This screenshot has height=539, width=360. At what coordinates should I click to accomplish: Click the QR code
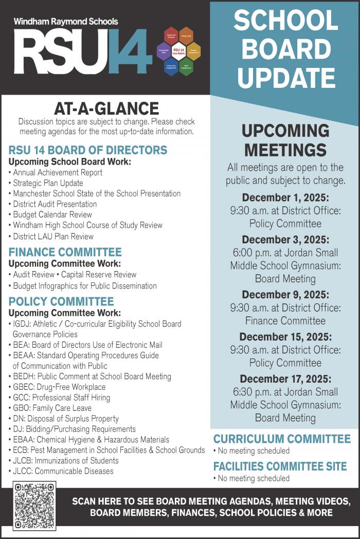34,506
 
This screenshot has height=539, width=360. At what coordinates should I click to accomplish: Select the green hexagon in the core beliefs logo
186,66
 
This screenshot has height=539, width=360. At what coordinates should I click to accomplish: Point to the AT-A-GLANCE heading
106,109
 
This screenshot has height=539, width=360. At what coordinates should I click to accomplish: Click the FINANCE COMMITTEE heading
65,252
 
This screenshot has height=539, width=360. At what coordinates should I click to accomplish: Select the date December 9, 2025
285,295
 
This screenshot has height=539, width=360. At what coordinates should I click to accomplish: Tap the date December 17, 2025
285,379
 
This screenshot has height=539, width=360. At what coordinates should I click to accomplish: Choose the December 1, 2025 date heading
285,197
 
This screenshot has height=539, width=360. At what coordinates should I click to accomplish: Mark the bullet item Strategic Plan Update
48,183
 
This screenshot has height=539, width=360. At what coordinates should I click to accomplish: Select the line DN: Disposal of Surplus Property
66,419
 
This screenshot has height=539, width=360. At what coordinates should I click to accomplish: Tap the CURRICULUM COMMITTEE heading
282,439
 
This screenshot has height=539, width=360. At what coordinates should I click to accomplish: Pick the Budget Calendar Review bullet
52,214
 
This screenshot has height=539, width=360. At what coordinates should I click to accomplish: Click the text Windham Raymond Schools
66,22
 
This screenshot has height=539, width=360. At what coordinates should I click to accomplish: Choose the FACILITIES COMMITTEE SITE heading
280,466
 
